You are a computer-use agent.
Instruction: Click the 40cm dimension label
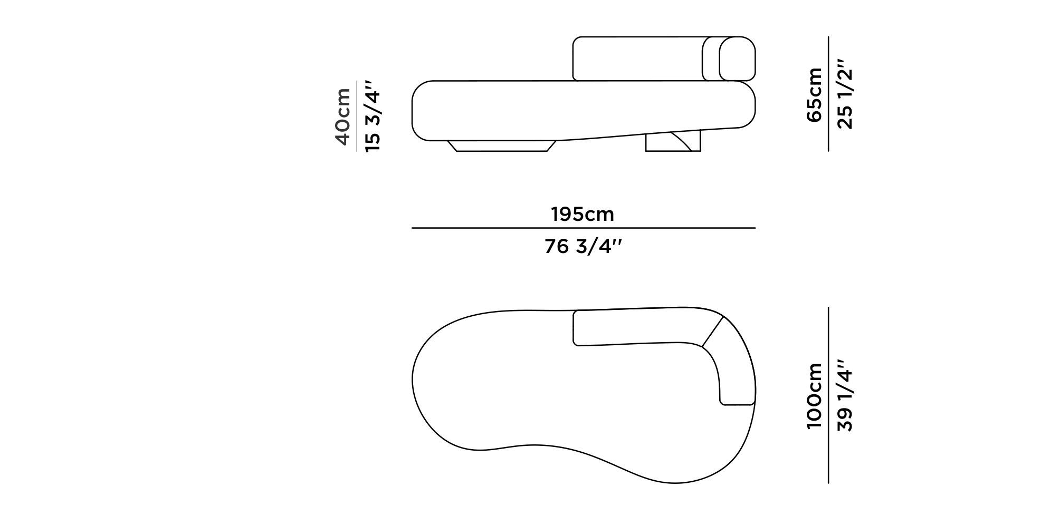pos(342,116)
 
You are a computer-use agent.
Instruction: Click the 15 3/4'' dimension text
pos(373,116)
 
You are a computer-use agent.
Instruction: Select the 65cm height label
pos(814,95)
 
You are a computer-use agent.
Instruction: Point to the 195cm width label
pos(583,215)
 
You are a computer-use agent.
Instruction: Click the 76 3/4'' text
pos(584,246)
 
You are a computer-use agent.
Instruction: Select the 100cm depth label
pos(814,396)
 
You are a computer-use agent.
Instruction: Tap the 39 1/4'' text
pos(844,396)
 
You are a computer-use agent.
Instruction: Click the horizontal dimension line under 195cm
pos(583,228)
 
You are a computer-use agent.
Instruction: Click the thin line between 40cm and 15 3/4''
pos(357,116)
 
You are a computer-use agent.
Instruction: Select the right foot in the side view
pos(673,142)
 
